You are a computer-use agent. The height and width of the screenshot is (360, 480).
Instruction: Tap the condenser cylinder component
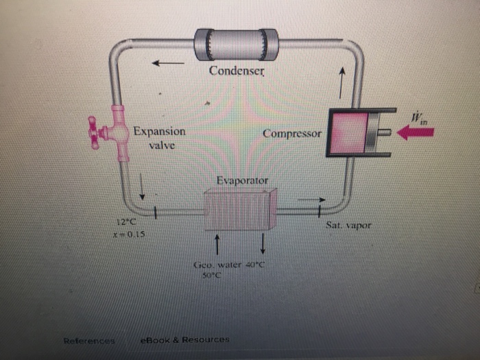tap(236, 45)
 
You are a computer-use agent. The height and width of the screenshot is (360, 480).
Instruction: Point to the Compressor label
tap(291, 133)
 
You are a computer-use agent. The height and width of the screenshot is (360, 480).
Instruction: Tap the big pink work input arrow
tap(416, 132)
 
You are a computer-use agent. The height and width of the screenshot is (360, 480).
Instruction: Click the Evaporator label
tap(242, 181)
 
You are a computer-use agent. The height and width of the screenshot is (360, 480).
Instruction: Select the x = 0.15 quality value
tap(128, 233)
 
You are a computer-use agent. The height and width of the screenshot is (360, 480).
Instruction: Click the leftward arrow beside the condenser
tap(168, 64)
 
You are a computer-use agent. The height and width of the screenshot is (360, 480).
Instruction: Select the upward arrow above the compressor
tap(341, 81)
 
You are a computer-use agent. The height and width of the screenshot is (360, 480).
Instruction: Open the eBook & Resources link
tap(184, 339)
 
